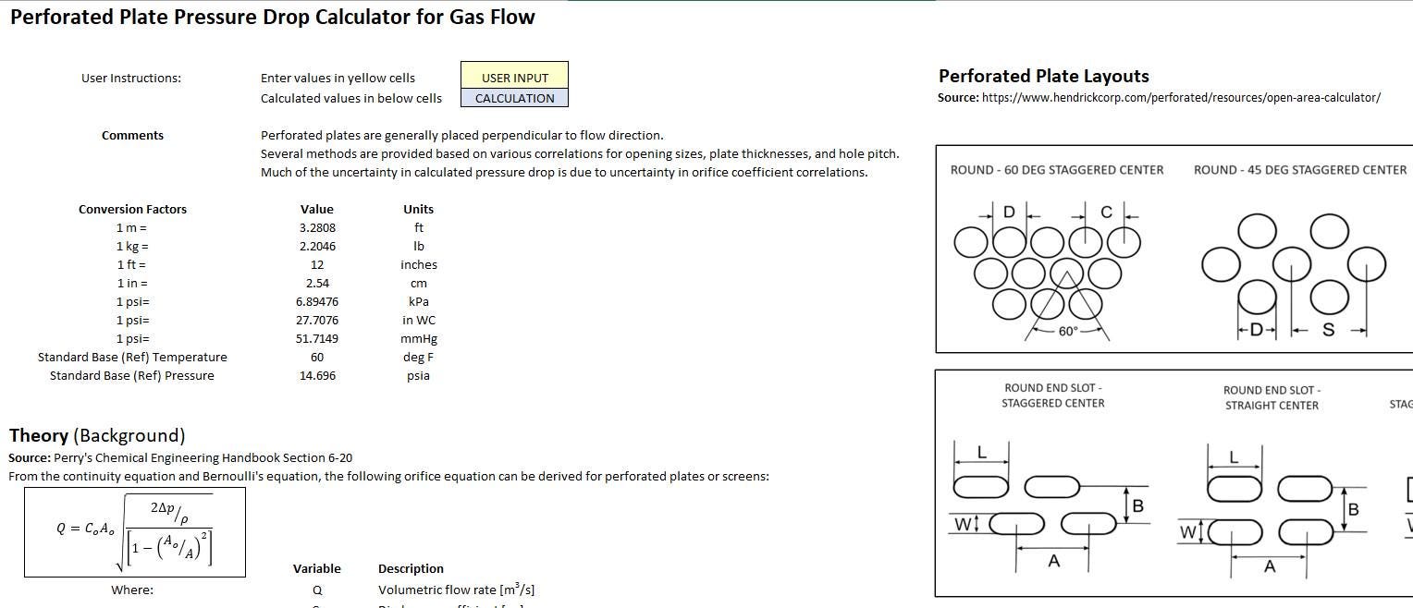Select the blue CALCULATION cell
pyautogui.click(x=514, y=98)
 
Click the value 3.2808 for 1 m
pyautogui.click(x=317, y=227)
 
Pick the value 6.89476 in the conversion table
pyautogui.click(x=317, y=301)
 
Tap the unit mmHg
pyautogui.click(x=418, y=338)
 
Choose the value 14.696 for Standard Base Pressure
pyautogui.click(x=317, y=375)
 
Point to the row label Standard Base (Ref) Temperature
pyautogui.click(x=132, y=357)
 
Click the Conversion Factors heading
pyautogui.click(x=132, y=209)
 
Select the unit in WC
pyautogui.click(x=418, y=320)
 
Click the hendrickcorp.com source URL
pyautogui.click(x=1181, y=98)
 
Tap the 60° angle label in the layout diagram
pyautogui.click(x=1068, y=332)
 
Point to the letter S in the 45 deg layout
pyautogui.click(x=1329, y=330)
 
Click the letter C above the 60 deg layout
pyautogui.click(x=1106, y=213)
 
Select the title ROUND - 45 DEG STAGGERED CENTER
pyautogui.click(x=1300, y=170)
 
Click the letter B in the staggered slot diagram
pyautogui.click(x=1138, y=506)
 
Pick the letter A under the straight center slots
pyautogui.click(x=1270, y=566)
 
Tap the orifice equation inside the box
pyautogui.click(x=134, y=531)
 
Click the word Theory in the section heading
pyautogui.click(x=39, y=435)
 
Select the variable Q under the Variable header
pyautogui.click(x=317, y=590)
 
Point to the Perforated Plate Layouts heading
pyautogui.click(x=1044, y=77)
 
